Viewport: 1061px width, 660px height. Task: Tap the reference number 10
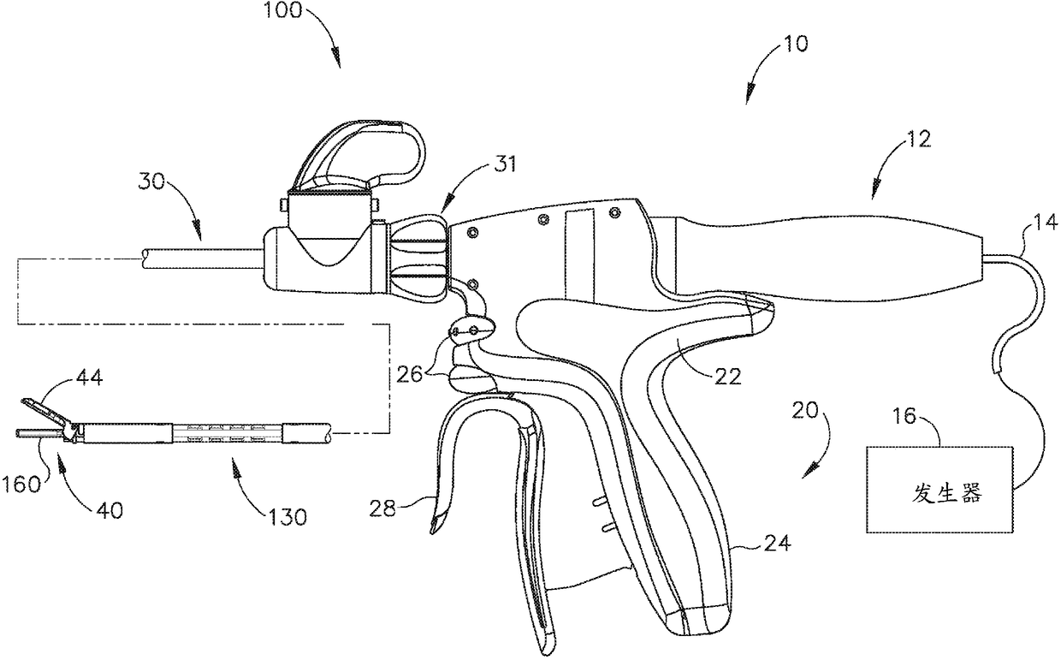pos(795,43)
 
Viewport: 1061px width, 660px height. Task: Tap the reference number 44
pos(89,377)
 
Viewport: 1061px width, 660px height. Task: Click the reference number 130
pos(288,516)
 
